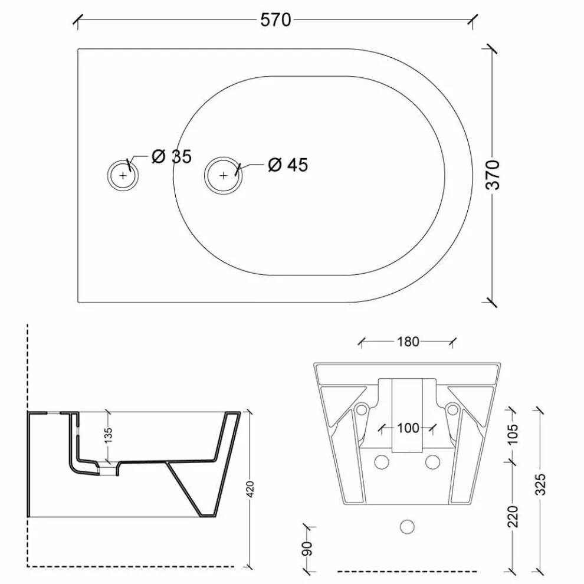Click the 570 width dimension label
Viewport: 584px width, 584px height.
275,20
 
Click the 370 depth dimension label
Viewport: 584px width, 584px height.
493,175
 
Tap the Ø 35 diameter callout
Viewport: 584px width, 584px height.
172,156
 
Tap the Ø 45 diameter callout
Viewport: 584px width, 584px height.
288,165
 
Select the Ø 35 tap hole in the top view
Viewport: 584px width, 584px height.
123,175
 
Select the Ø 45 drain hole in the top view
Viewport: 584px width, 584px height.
223,175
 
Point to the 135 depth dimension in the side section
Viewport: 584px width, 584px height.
108,435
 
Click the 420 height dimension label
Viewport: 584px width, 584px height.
250,489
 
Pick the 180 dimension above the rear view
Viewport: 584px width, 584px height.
408,342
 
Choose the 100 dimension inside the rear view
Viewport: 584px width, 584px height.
408,428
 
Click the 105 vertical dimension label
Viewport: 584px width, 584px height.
513,434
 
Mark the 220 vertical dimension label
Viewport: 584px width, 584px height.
513,517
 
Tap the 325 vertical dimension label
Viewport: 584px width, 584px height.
540,484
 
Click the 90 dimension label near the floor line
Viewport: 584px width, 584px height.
308,549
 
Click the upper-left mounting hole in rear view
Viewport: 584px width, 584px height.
361,410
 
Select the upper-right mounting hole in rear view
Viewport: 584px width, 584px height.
452,410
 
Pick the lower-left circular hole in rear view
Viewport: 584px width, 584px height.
382,462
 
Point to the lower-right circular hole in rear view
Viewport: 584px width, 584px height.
433,462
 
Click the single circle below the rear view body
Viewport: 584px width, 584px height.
407,527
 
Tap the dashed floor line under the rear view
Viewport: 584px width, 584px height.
407,571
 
